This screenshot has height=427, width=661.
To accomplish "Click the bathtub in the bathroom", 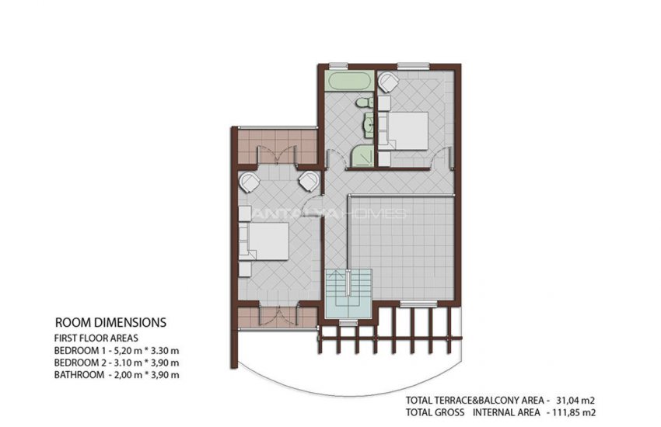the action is (x=349, y=82).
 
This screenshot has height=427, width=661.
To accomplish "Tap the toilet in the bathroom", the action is (x=364, y=102).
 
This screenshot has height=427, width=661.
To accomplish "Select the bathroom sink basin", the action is (x=369, y=125).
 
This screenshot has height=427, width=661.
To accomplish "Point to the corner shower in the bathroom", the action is (x=362, y=157).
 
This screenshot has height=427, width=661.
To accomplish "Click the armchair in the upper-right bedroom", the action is (x=388, y=82).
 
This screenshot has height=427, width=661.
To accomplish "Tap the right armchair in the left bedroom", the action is (x=309, y=182).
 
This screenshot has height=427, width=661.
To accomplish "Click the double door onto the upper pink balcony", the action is (x=277, y=154).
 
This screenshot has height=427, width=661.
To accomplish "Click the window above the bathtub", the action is (x=338, y=65).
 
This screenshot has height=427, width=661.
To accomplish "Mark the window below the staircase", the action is (x=348, y=323).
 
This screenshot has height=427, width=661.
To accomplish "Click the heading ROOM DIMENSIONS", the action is (x=111, y=323).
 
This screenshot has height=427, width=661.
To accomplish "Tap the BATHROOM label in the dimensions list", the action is (x=79, y=375).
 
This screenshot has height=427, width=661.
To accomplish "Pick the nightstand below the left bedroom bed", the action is (x=245, y=269).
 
